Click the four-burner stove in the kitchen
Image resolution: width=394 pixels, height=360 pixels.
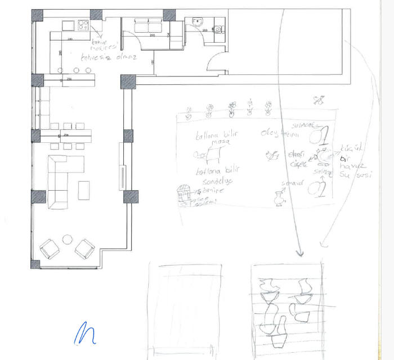pos(83,25)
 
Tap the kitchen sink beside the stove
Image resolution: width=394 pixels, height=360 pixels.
pos(68,25)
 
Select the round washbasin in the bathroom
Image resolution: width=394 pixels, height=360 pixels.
pos(196,21)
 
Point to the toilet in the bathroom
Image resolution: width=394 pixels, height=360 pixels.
pos(218,30)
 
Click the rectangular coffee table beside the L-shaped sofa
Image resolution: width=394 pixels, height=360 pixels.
pos(84,190)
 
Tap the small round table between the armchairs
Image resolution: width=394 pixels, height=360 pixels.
pos(68,239)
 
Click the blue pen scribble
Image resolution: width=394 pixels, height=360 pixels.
pos(84,333)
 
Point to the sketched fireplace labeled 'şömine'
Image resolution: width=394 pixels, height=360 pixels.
pos(184,193)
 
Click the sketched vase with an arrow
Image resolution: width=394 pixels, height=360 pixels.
pos(277,199)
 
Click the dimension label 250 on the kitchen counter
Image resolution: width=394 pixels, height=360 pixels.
pos(69,79)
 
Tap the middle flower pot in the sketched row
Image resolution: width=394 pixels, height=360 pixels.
pos(231,110)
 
